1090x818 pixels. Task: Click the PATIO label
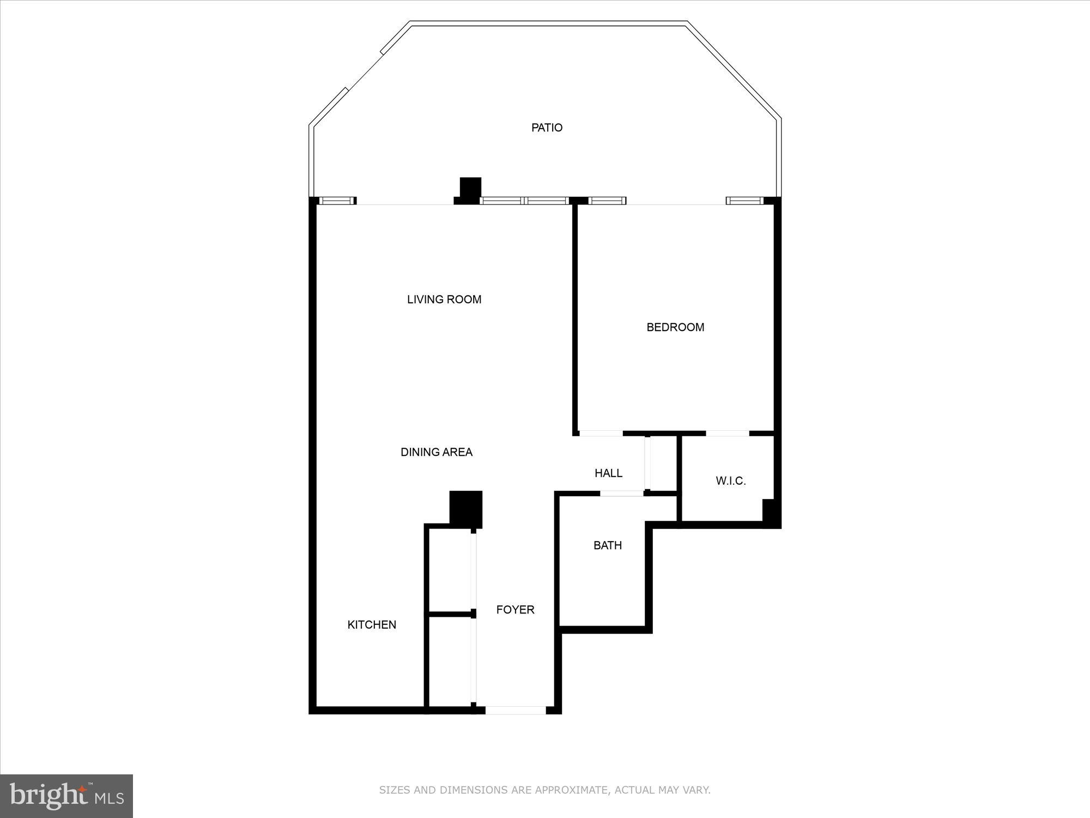pyautogui.click(x=547, y=128)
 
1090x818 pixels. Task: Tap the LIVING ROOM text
pyautogui.click(x=444, y=299)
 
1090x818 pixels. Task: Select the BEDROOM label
pyautogui.click(x=675, y=327)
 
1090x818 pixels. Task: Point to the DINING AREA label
pyautogui.click(x=436, y=452)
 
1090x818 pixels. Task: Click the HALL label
pyautogui.click(x=608, y=473)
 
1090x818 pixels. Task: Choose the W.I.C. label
pyautogui.click(x=730, y=481)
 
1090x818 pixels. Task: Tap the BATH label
pyautogui.click(x=607, y=545)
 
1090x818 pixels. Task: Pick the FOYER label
pyautogui.click(x=515, y=610)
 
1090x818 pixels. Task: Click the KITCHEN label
pyautogui.click(x=372, y=625)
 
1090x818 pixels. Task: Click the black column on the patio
pyautogui.click(x=470, y=188)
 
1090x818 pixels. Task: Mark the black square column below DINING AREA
pyautogui.click(x=465, y=507)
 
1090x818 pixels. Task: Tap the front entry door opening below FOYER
pyautogui.click(x=515, y=710)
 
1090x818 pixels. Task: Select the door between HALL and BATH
pyautogui.click(x=621, y=494)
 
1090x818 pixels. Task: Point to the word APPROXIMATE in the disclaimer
pyautogui.click(x=571, y=790)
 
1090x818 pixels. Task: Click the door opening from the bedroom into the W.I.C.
pyautogui.click(x=728, y=434)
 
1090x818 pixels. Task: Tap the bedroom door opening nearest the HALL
pyautogui.click(x=601, y=434)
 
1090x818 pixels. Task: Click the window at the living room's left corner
pyautogui.click(x=336, y=201)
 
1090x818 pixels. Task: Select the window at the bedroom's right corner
pyautogui.click(x=744, y=201)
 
